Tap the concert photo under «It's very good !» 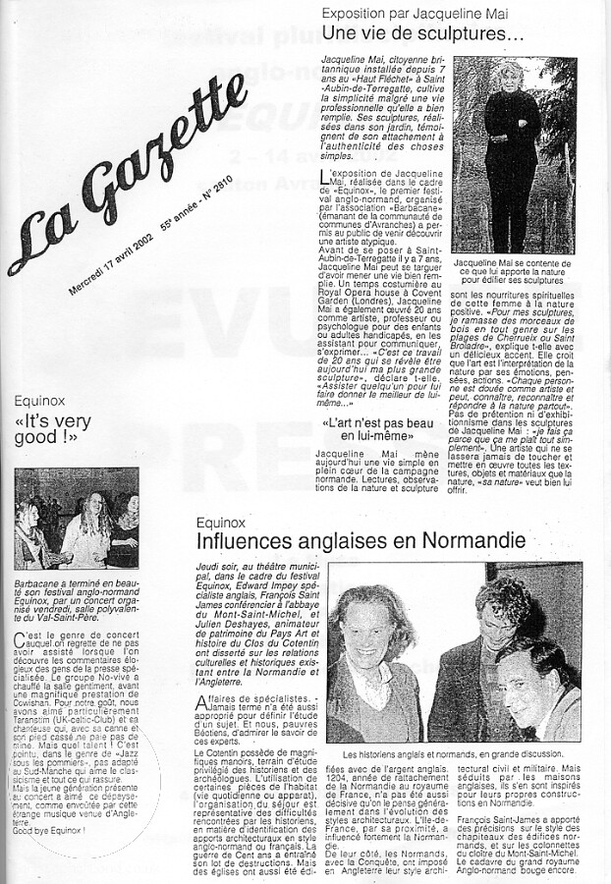tap(77, 518)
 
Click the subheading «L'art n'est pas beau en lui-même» tap(385, 428)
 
